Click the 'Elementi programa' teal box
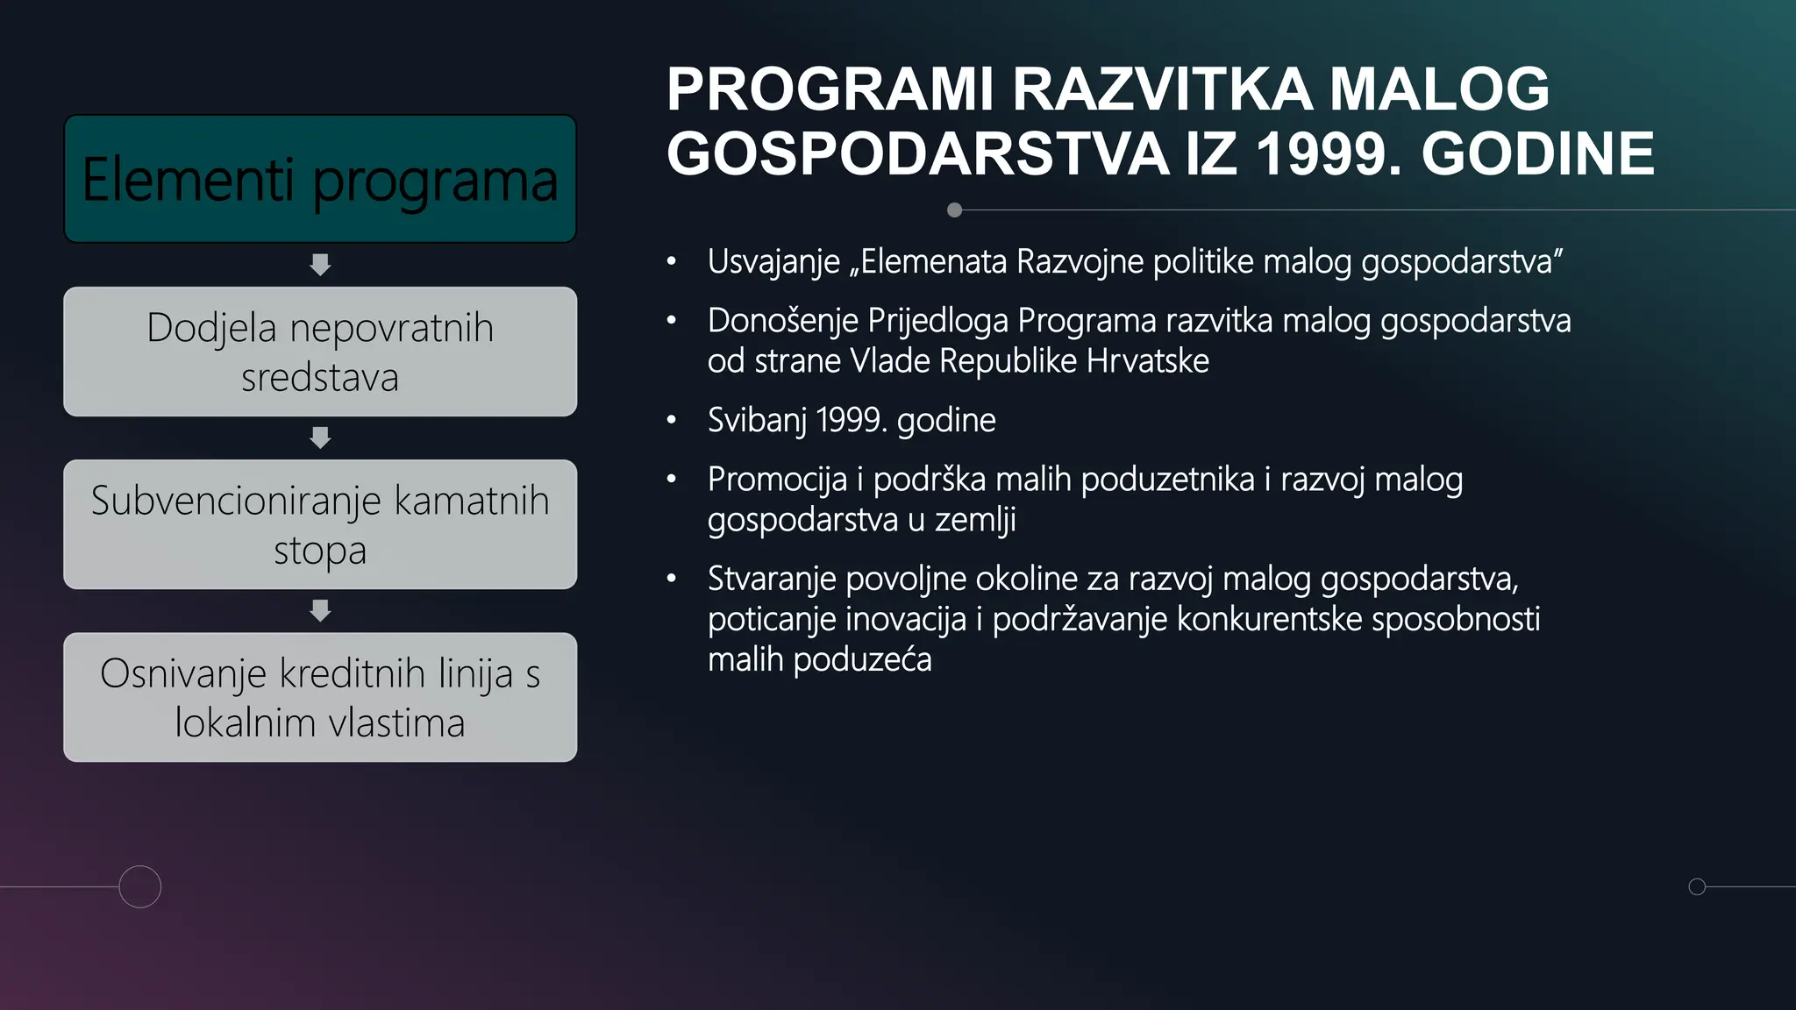pyautogui.click(x=320, y=179)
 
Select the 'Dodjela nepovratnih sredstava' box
pyautogui.click(x=320, y=352)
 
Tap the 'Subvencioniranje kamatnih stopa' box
pyautogui.click(x=320, y=524)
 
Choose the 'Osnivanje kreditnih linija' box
pyautogui.click(x=320, y=697)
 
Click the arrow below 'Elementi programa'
pyautogui.click(x=320, y=265)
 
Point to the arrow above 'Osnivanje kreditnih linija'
pyautogui.click(x=320, y=610)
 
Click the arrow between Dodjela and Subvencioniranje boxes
pyautogui.click(x=320, y=437)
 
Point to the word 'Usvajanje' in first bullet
pyautogui.click(x=773, y=262)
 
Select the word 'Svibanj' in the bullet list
pyautogui.click(x=756, y=421)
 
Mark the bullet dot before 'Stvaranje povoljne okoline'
pyautogui.click(x=672, y=579)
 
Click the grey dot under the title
pyautogui.click(x=955, y=210)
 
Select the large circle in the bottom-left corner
pyautogui.click(x=140, y=886)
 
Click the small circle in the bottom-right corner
pyautogui.click(x=1697, y=886)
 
